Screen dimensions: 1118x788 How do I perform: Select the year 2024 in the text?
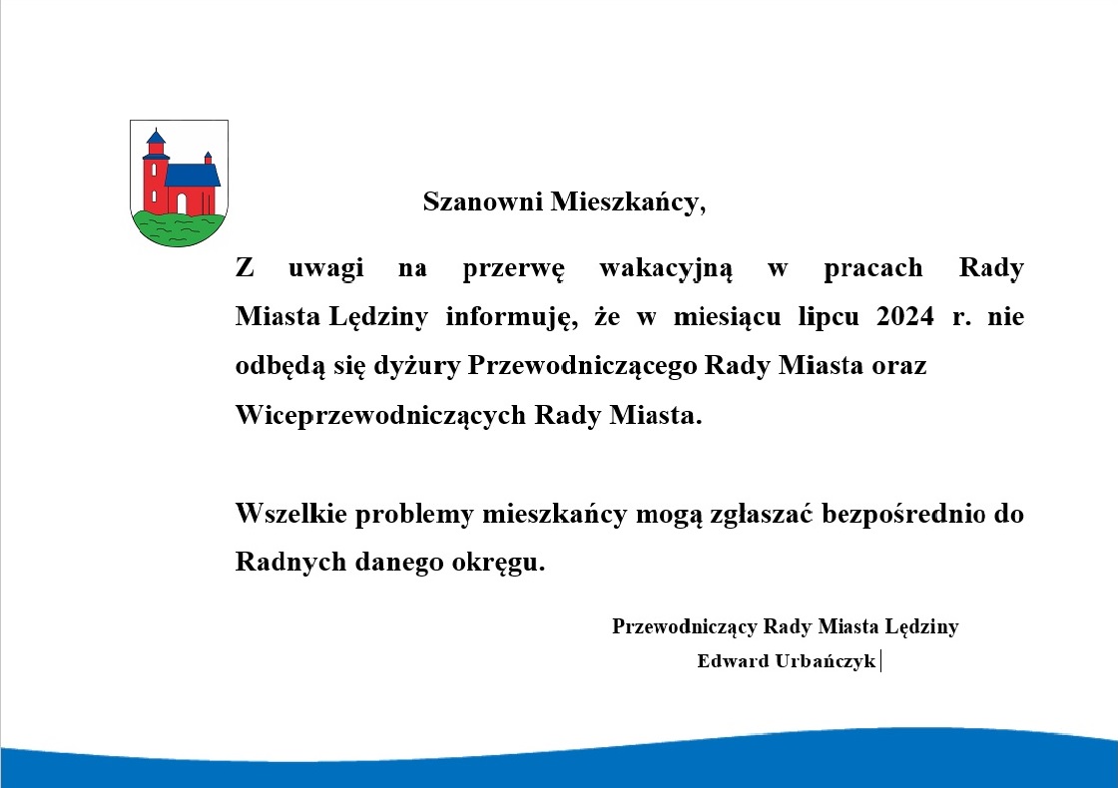coord(904,315)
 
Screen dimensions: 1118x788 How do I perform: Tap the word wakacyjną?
coord(665,269)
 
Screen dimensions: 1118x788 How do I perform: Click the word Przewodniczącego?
coord(582,366)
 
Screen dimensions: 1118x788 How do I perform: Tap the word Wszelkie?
coord(290,513)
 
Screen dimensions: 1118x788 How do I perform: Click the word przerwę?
coord(513,269)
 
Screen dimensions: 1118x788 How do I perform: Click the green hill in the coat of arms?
coord(179,228)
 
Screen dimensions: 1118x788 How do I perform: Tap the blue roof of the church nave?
coord(193,176)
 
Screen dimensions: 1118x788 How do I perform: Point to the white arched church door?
coord(181,203)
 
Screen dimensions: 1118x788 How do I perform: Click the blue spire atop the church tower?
coord(156,137)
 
